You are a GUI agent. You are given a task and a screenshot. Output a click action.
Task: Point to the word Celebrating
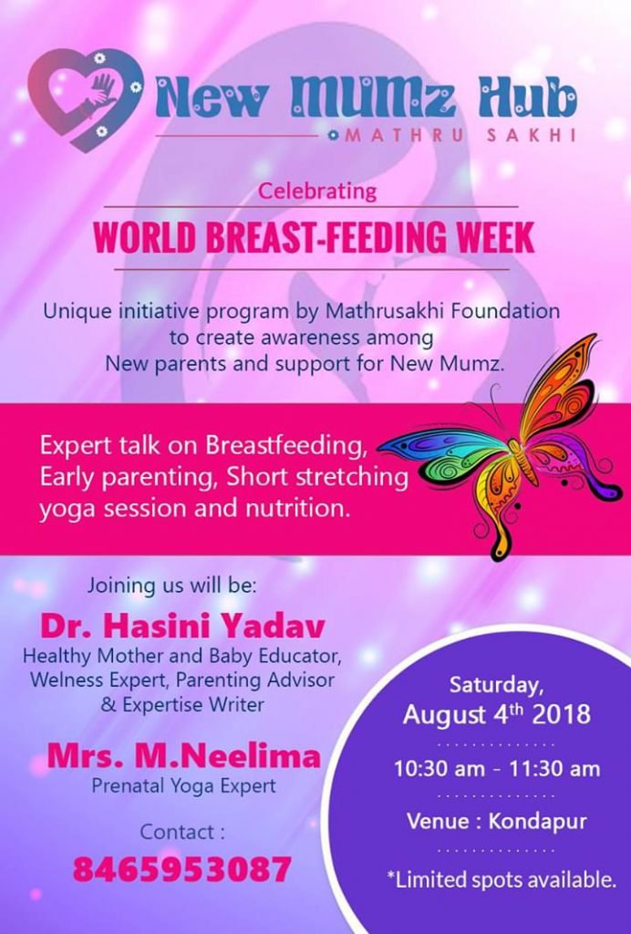coord(317,192)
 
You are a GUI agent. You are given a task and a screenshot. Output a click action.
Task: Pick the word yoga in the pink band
coord(63,511)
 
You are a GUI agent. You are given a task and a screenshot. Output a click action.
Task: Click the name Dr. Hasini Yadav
coord(182,626)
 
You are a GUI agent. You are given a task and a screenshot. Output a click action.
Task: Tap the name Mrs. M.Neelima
coord(184,756)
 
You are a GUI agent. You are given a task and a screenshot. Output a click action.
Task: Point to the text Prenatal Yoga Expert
coord(184,785)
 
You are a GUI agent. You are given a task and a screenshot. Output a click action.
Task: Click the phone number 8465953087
coord(182,868)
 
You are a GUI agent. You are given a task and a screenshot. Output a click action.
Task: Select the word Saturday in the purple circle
coord(496,686)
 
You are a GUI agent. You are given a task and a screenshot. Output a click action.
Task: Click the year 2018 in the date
coord(562,714)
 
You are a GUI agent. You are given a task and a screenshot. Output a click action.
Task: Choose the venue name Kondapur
coord(538,822)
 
